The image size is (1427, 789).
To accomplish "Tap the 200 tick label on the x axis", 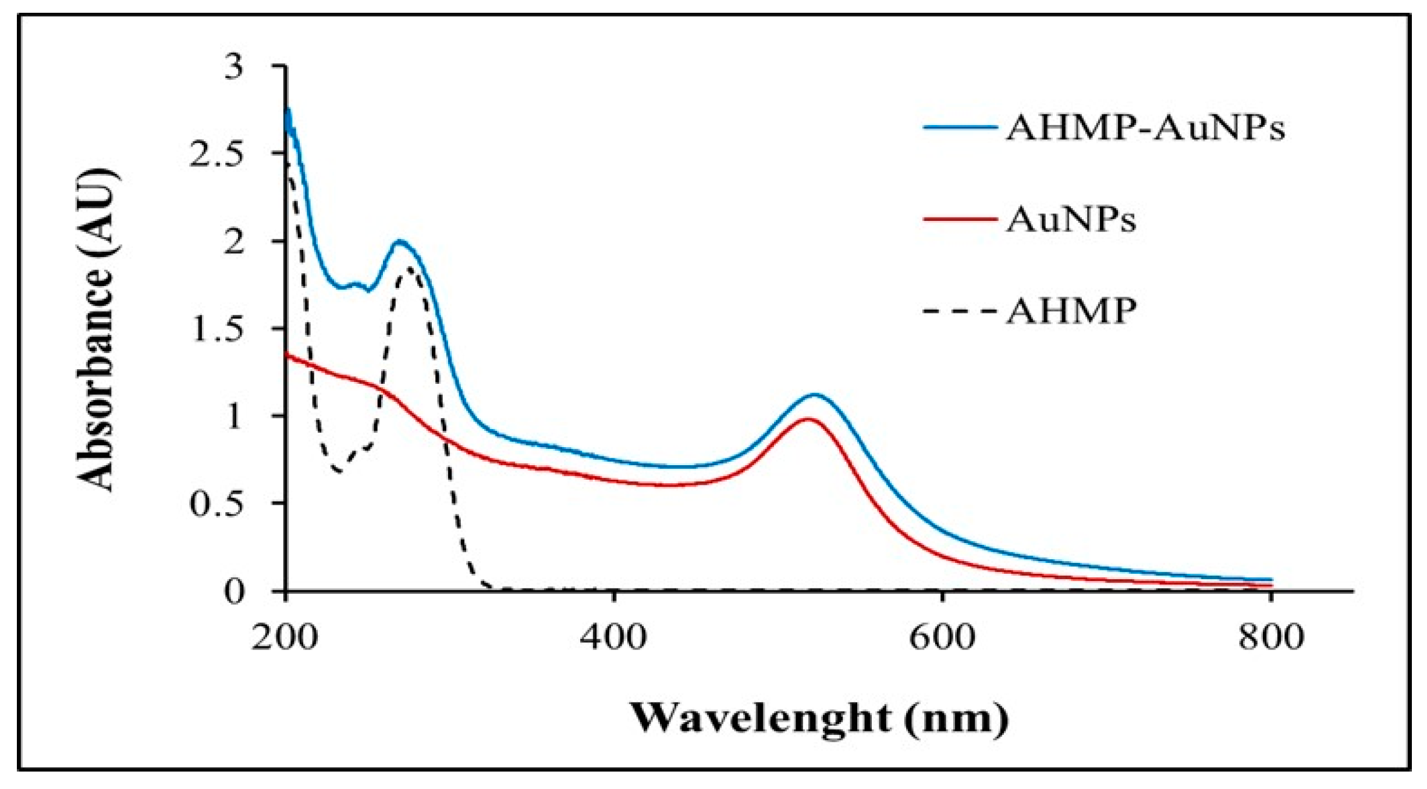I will [x=285, y=637].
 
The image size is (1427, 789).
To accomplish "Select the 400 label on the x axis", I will [x=613, y=637].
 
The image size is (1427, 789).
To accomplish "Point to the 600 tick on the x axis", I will [x=942, y=637].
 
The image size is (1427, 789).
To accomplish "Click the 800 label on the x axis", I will [x=1270, y=637].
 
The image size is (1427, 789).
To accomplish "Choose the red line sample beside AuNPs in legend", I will [x=959, y=220].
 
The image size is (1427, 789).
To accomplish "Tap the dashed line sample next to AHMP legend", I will [x=959, y=312].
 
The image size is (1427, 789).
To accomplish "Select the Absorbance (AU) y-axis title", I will [x=96, y=330].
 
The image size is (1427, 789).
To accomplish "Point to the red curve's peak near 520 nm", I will [x=807, y=419].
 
